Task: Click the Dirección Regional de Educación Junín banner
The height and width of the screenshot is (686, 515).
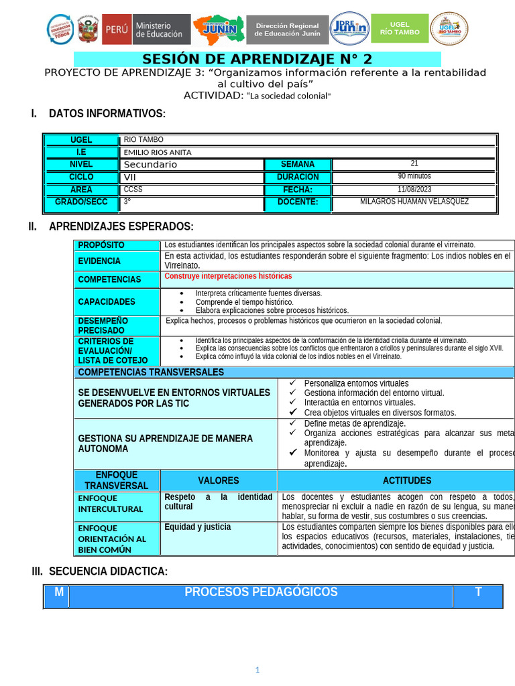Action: tap(287, 29)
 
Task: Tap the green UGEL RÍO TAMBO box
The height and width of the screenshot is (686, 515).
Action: tap(400, 29)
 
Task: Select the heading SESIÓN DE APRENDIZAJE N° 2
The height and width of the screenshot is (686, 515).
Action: tap(257, 58)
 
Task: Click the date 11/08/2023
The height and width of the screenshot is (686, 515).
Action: tap(414, 190)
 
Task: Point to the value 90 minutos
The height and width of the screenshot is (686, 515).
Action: tap(414, 176)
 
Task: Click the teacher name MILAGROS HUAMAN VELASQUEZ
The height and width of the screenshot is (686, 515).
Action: tap(414, 202)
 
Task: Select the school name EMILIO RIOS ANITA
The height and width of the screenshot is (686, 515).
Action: tap(158, 152)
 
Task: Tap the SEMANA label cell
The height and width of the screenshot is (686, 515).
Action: tap(297, 164)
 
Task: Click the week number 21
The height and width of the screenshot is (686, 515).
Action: tap(414, 163)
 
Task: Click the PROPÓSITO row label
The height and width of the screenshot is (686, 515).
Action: tap(101, 245)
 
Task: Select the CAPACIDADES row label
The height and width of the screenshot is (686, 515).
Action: tap(107, 302)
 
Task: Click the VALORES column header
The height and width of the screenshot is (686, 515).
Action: tap(219, 480)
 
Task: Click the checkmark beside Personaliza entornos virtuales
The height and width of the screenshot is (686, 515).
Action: tap(292, 383)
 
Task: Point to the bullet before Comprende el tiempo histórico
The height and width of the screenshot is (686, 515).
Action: tap(182, 302)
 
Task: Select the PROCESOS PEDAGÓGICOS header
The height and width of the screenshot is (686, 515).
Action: tap(261, 592)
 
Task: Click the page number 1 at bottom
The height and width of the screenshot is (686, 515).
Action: tap(257, 669)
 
